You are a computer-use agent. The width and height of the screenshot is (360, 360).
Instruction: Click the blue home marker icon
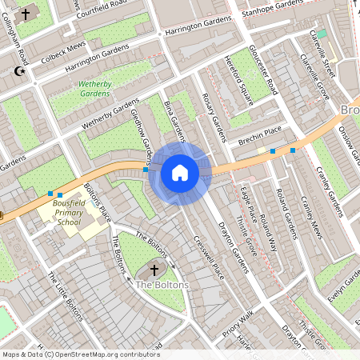(180, 172)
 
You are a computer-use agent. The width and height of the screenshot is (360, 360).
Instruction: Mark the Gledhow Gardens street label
(141, 132)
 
